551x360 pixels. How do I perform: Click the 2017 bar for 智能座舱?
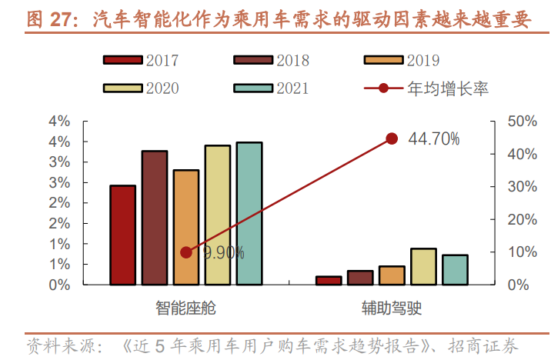123,235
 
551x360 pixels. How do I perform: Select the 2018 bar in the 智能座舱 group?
155,218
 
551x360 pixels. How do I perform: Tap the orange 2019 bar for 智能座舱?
186,227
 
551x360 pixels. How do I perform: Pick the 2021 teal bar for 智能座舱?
249,213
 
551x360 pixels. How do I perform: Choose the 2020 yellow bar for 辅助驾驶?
423,266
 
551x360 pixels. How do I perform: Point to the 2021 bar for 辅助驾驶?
455,269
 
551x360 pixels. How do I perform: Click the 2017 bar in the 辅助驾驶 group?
329,280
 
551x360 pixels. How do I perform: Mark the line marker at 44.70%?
392,138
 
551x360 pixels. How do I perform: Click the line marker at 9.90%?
186,252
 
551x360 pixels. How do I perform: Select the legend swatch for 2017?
123,61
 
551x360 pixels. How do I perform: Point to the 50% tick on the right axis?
517,122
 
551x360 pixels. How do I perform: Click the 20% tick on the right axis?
517,219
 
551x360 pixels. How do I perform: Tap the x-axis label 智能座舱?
186,308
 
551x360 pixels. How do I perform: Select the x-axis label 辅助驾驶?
392,308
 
